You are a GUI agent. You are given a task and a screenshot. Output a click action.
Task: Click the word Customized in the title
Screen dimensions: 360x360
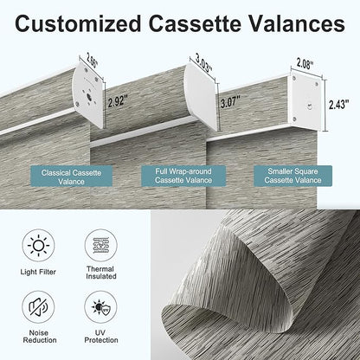click(78, 23)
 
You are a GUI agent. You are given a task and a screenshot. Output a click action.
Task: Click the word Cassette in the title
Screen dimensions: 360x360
click(195, 23)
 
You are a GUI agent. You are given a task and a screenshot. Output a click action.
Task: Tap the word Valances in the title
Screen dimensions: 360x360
click(297, 23)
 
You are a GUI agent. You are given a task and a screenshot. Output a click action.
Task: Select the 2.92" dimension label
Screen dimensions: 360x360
click(118, 101)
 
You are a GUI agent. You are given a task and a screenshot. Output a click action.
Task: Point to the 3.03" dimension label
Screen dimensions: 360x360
click(204, 64)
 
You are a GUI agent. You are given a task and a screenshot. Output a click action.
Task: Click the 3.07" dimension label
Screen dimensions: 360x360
click(230, 102)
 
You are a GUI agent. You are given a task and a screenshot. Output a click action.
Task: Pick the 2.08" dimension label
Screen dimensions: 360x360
click(305, 64)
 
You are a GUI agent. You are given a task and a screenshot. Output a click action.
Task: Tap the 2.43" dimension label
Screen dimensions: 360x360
click(339, 104)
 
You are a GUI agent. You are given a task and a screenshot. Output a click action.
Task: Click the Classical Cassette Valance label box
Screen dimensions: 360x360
click(71, 177)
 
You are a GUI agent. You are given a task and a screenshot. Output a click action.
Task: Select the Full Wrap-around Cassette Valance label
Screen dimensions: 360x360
click(183, 176)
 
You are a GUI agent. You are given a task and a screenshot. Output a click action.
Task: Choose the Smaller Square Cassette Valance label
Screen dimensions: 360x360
click(292, 176)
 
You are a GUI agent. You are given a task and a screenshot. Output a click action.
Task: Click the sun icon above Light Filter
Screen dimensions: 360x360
click(38, 246)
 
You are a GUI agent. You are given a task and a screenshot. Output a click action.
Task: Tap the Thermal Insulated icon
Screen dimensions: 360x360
click(101, 245)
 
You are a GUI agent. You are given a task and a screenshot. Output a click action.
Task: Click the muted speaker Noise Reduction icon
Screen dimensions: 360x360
click(38, 307)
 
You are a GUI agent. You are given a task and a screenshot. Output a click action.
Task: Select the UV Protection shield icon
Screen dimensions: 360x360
click(101, 307)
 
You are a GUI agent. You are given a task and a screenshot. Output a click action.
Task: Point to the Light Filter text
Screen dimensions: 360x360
click(38, 272)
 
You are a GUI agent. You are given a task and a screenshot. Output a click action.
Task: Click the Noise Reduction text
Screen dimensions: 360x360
click(40, 337)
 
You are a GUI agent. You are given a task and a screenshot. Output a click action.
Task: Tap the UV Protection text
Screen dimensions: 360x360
click(101, 337)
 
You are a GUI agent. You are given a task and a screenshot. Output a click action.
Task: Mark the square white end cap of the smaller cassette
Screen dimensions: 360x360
click(305, 101)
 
